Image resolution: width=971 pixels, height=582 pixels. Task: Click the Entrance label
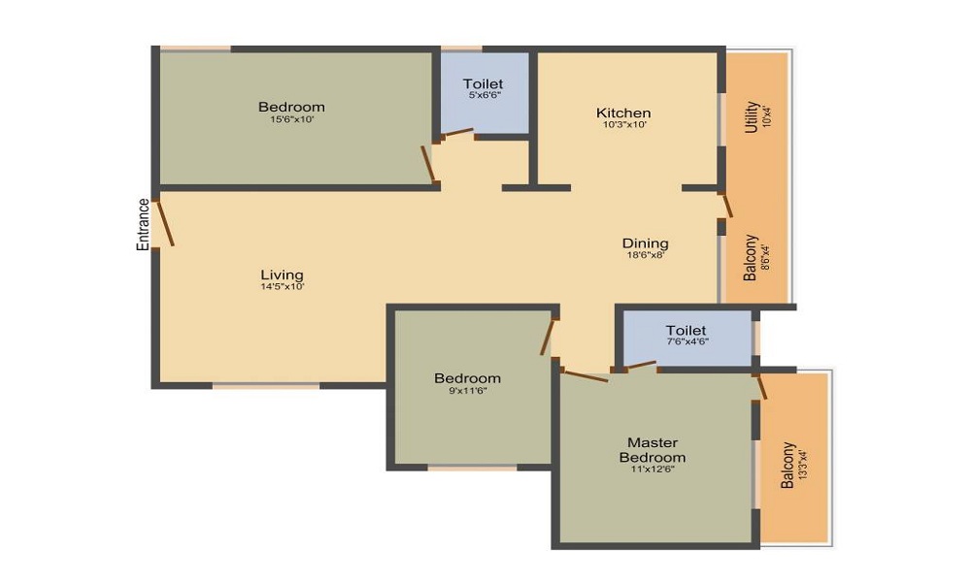click(143, 224)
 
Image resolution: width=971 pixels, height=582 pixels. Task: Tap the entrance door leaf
click(165, 222)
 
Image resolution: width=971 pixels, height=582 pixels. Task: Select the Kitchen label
click(623, 113)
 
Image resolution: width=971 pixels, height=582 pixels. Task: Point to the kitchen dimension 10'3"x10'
click(624, 124)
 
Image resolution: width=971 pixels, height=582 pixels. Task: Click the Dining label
click(646, 243)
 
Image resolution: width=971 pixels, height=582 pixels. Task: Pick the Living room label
click(282, 275)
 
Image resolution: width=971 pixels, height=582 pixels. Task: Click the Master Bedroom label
click(653, 450)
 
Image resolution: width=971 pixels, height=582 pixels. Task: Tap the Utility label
click(752, 117)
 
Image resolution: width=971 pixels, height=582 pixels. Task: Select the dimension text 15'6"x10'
click(292, 119)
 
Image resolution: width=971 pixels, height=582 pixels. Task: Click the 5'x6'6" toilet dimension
click(484, 95)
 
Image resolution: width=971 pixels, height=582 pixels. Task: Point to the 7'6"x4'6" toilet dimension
click(687, 340)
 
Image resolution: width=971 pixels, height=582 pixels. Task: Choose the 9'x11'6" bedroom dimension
click(468, 390)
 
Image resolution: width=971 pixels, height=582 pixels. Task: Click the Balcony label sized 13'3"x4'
click(787, 465)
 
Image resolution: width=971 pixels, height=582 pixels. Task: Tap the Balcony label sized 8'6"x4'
click(751, 257)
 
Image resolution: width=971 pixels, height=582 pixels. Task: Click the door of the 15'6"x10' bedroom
click(428, 164)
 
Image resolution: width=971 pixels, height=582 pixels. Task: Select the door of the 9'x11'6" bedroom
click(548, 338)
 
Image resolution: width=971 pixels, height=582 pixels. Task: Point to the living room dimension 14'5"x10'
click(283, 286)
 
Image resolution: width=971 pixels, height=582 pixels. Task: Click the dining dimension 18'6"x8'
click(646, 254)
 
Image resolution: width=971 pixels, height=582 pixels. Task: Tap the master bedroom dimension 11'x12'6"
click(653, 469)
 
